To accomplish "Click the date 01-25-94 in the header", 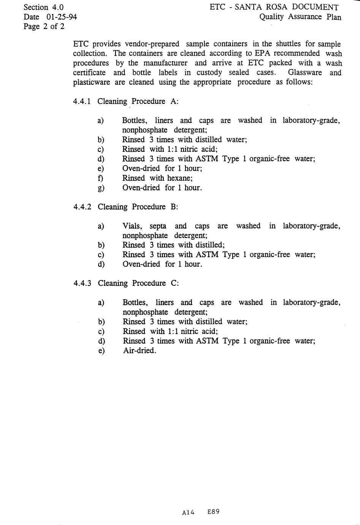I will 61,17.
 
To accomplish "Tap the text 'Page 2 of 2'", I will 44,26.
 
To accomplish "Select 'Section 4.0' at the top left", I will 43,7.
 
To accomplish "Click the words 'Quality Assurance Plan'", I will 300,17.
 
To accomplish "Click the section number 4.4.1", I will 82,101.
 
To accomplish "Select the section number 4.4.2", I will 82,207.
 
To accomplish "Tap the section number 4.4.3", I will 82,283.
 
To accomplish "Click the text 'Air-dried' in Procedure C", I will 139,350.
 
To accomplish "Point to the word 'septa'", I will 158,226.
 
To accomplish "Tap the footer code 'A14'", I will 188,512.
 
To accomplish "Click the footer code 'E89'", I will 213,512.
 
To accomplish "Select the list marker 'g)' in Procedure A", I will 101,188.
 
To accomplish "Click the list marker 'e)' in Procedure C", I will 101,350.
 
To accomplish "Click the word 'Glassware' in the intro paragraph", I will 305,73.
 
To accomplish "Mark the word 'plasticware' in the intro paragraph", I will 92,82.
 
